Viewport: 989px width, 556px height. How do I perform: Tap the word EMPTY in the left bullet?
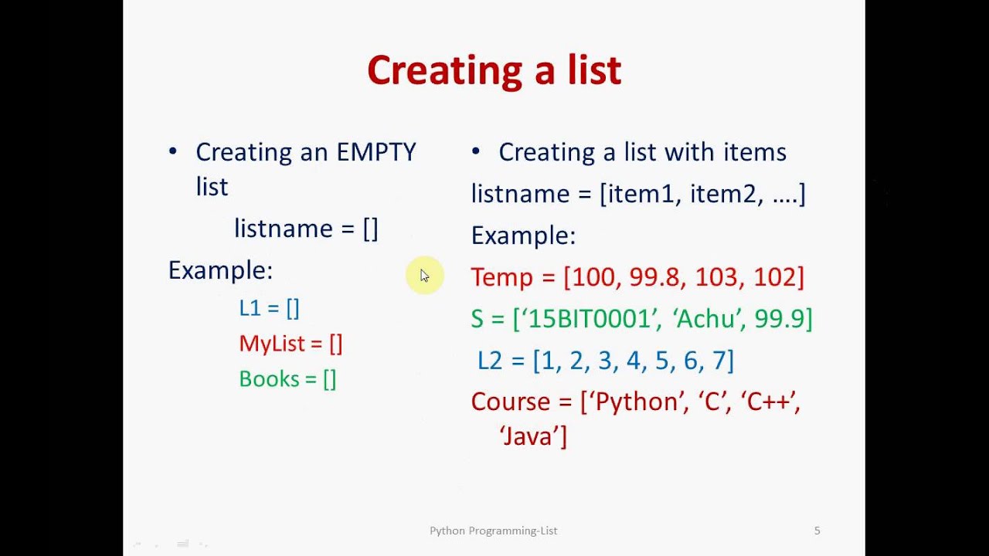pyautogui.click(x=376, y=152)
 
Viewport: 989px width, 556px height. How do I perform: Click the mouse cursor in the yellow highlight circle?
pyautogui.click(x=424, y=276)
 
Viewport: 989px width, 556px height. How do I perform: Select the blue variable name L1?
pyautogui.click(x=250, y=308)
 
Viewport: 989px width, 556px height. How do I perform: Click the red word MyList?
pyautogui.click(x=270, y=344)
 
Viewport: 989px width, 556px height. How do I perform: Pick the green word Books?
pyautogui.click(x=269, y=379)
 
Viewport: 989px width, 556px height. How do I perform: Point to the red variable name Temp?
pyautogui.click(x=501, y=277)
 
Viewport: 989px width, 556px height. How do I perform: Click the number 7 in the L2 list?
pyautogui.click(x=719, y=361)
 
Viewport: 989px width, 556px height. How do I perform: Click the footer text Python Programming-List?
pyautogui.click(x=493, y=531)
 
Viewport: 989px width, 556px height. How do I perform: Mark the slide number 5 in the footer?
pyautogui.click(x=817, y=531)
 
